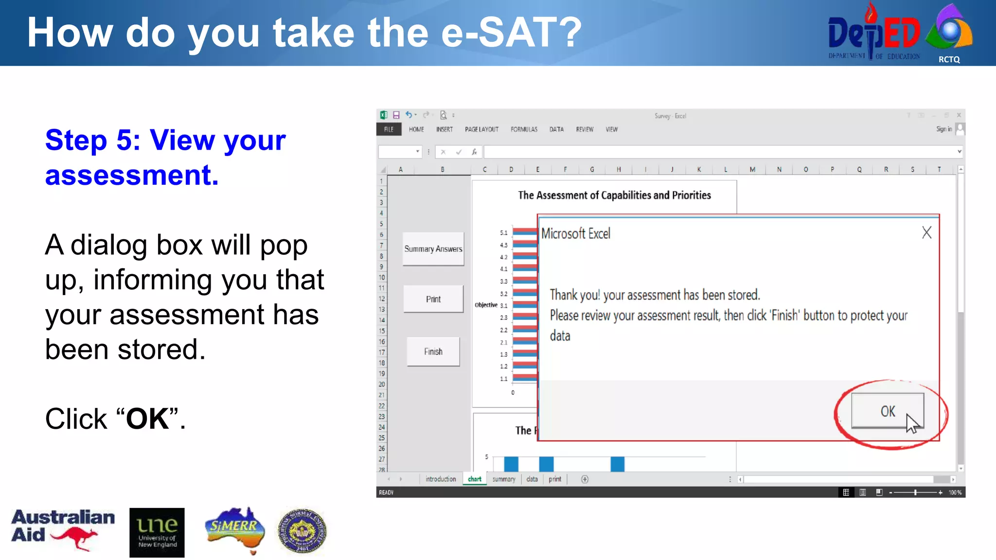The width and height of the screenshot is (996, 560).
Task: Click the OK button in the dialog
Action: [887, 411]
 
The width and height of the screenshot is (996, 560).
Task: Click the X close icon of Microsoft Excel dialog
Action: [926, 232]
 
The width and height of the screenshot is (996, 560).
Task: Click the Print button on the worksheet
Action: [433, 299]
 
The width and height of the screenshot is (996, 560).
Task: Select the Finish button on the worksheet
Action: [433, 351]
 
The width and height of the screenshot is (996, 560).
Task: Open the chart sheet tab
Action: [474, 479]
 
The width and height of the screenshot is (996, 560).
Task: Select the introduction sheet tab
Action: [441, 479]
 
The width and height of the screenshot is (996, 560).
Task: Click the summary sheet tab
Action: [503, 479]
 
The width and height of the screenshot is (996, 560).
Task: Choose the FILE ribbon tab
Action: [389, 129]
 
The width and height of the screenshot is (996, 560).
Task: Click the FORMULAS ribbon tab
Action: [524, 129]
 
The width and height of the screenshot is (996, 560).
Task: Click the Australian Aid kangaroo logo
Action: [63, 530]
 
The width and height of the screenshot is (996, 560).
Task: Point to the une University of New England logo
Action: [157, 532]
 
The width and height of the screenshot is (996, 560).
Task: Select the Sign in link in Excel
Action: [943, 129]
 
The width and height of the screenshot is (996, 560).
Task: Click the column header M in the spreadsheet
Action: [752, 169]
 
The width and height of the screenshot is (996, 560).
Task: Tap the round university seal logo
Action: [302, 531]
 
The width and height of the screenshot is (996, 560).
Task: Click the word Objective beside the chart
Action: [485, 305]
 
